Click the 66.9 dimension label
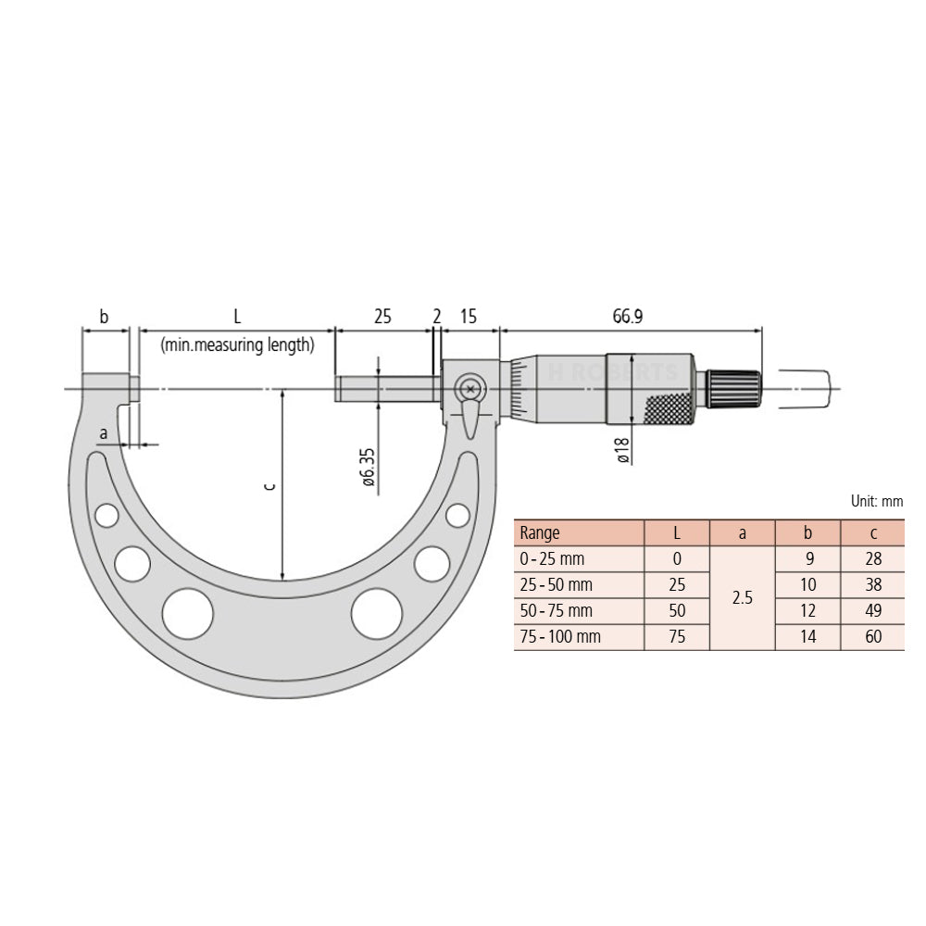627,316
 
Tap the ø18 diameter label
623,447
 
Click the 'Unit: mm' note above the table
876,501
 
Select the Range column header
540,532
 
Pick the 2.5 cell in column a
742,598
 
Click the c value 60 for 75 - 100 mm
871,637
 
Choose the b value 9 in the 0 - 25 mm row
807,558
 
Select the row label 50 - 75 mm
556,611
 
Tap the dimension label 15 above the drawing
468,316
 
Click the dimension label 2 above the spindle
436,316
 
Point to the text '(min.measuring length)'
236,344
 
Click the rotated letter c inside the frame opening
269,485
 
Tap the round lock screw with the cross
470,389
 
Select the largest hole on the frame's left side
187,612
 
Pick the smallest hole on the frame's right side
457,514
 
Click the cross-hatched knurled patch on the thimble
667,407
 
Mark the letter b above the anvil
104,316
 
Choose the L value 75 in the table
676,637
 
